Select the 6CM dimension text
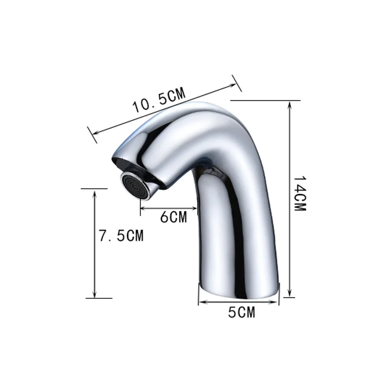pyautogui.click(x=173, y=217)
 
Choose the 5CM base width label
pyautogui.click(x=241, y=313)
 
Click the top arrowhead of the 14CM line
pyautogui.click(x=289, y=104)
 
